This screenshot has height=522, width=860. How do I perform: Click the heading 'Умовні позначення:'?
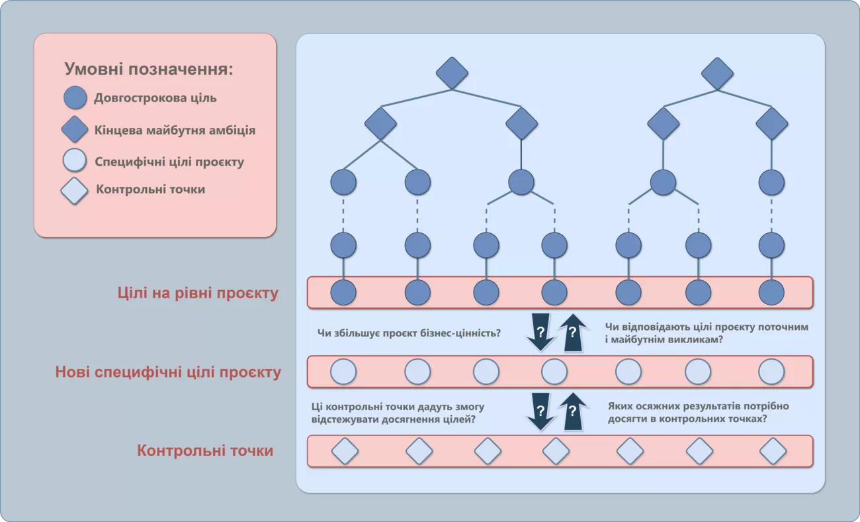[149, 69]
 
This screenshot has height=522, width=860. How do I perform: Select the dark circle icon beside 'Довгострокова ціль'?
[75, 98]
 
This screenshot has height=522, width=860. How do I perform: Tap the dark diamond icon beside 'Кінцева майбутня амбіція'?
[75, 129]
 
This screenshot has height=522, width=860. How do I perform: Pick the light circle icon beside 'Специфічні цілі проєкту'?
[75, 161]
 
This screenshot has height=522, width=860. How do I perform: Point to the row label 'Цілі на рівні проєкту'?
[198, 293]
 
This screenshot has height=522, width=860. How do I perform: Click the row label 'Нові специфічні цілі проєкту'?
[168, 372]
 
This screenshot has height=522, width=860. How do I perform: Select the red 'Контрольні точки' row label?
[205, 450]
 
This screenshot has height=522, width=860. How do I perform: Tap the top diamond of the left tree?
[452, 73]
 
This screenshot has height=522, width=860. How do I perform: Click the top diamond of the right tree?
[717, 73]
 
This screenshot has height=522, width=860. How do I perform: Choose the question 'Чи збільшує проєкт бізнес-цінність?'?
[409, 333]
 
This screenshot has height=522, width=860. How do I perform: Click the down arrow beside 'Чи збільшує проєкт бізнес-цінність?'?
[540, 332]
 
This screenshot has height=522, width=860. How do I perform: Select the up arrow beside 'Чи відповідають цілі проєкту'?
[573, 332]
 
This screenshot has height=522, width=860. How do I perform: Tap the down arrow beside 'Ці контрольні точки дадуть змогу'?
[540, 411]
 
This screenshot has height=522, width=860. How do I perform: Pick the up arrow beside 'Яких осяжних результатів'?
[573, 411]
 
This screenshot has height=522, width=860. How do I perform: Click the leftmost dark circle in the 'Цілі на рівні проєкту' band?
[343, 293]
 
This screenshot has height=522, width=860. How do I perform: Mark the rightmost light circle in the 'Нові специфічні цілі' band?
[771, 372]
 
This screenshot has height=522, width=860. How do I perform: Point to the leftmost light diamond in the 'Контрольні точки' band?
[345, 451]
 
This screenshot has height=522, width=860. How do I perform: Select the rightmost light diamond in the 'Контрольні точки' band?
[773, 451]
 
